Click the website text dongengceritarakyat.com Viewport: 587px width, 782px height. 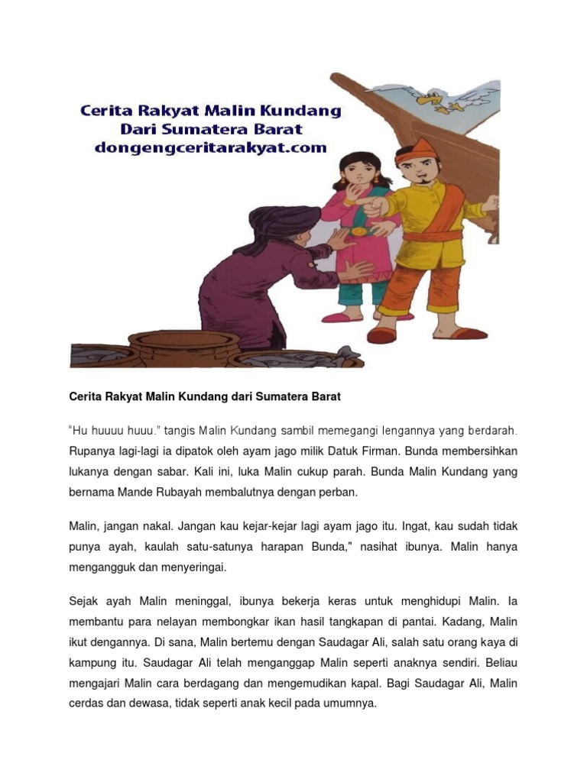tap(210, 148)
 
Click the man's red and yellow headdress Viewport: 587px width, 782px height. tap(414, 153)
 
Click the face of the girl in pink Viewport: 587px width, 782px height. tap(352, 174)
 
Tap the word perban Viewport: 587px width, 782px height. tap(338, 492)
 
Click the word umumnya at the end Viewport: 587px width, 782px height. tap(352, 703)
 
